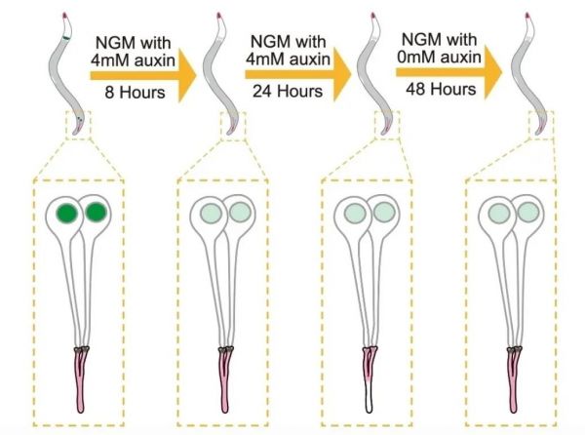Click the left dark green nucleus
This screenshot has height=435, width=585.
click(67, 214)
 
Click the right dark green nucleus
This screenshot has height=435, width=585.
click(96, 212)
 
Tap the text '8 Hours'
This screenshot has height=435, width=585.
click(135, 92)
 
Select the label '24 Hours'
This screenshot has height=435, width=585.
click(288, 91)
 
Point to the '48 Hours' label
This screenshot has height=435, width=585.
click(441, 89)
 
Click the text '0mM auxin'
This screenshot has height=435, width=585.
click(439, 58)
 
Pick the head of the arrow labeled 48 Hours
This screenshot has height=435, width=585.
click(493, 72)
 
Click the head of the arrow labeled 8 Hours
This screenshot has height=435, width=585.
click(187, 75)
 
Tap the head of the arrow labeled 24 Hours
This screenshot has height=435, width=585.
click(342, 74)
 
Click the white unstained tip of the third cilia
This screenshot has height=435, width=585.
click(369, 399)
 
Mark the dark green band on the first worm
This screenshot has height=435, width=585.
click(66, 38)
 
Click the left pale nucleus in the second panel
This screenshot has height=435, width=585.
click(211, 214)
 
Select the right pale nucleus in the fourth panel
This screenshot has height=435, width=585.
click(527, 212)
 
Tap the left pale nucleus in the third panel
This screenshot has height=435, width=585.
click(355, 214)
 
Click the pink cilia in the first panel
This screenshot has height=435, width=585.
click(81, 379)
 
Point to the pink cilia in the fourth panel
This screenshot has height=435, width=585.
click(514, 379)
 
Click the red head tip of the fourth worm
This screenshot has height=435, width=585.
click(527, 16)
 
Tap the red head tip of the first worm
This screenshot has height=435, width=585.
click(65, 16)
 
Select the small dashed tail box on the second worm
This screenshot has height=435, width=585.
click(234, 126)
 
